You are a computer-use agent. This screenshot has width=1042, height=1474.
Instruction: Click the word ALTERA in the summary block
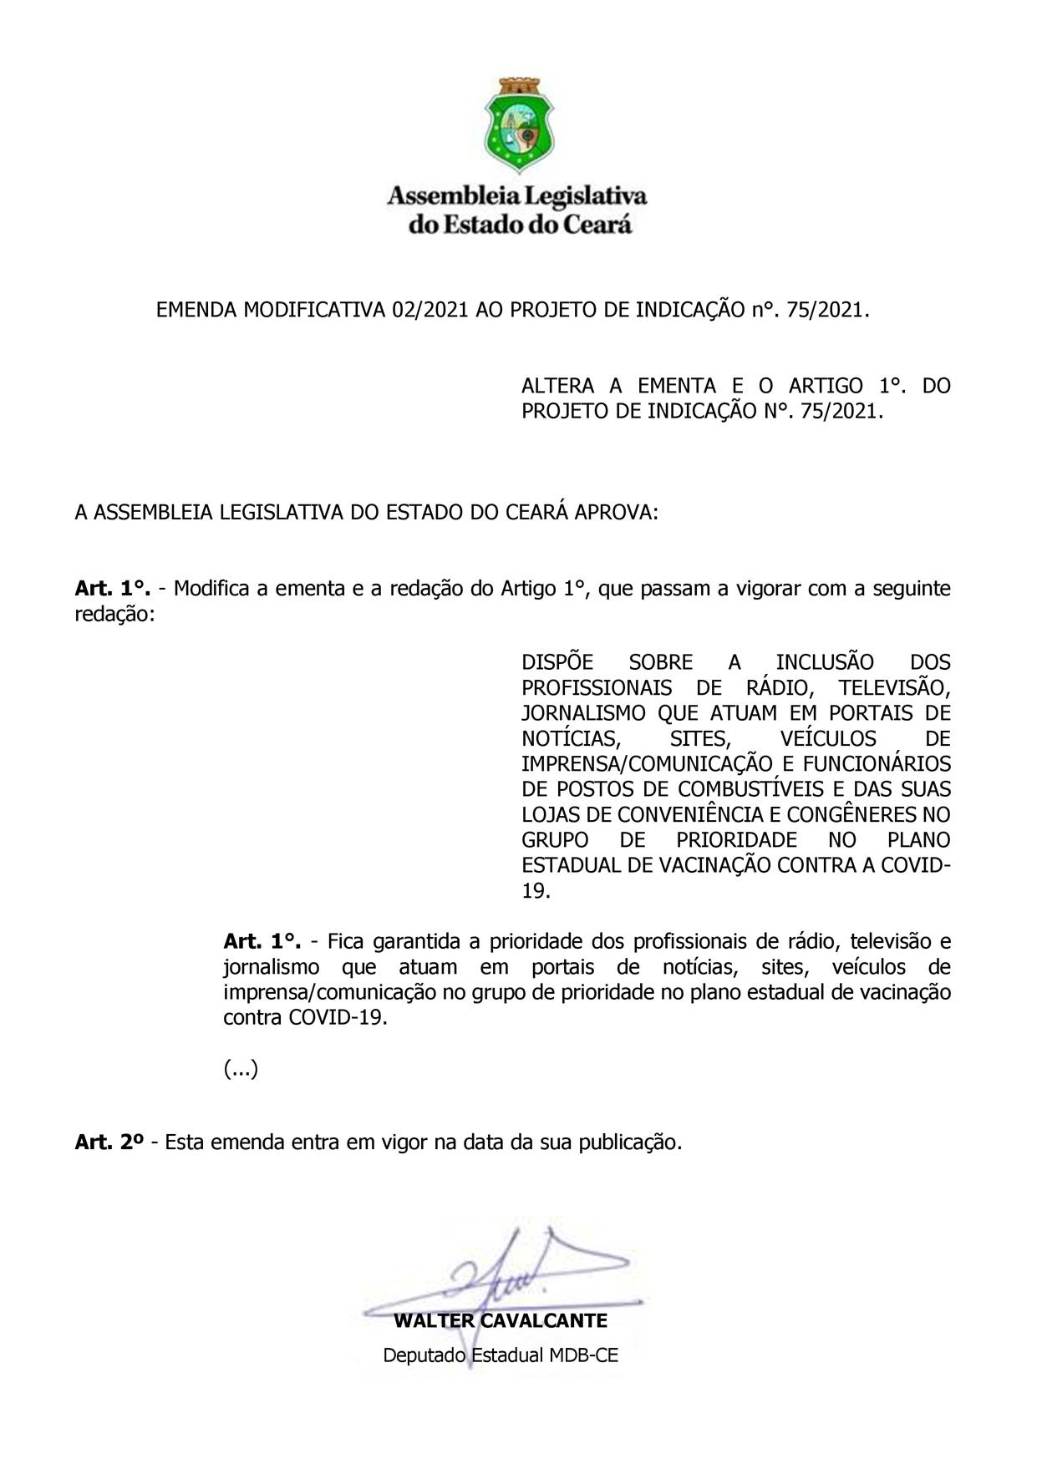[x=557, y=386]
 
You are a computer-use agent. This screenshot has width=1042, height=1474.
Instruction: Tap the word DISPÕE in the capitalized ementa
[x=557, y=662]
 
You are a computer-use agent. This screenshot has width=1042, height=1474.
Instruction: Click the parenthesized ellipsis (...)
[x=241, y=1069]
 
